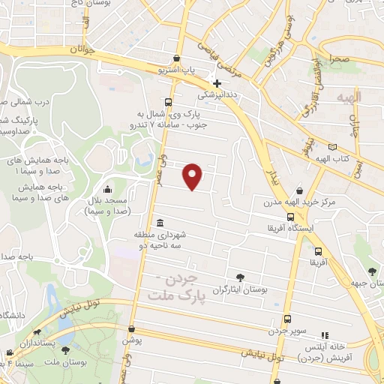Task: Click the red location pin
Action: (193, 175)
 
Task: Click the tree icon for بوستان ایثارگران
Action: (240, 277)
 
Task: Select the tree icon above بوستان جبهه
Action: (372, 271)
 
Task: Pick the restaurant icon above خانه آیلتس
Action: (324, 336)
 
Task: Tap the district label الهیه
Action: (349, 97)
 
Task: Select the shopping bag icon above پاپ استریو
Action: (175, 58)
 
